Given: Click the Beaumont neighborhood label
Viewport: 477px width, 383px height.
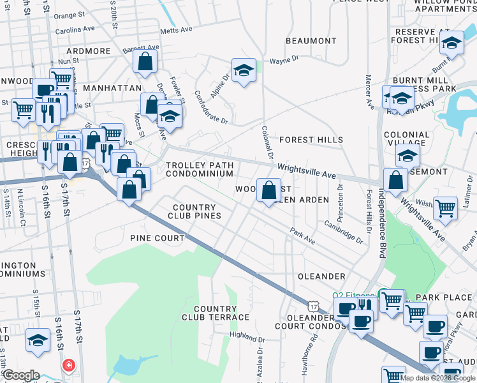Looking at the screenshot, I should point(311,41).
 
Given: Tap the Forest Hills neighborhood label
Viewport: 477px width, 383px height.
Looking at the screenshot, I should point(311,140).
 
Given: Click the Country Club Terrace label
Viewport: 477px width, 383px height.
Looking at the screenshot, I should point(216,313).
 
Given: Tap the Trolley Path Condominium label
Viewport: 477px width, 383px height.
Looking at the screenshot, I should point(200,169).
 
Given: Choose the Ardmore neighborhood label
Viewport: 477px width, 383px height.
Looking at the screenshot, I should point(88,51).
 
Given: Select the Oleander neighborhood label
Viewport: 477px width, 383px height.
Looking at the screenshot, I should point(321,276).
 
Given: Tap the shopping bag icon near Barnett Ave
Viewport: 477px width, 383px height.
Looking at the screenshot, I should point(145,61).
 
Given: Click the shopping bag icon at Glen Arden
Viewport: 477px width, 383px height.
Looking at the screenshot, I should point(268,190).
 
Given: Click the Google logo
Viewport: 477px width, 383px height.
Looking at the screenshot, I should point(20,375).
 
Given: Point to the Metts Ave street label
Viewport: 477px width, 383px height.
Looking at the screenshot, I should point(176,30).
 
